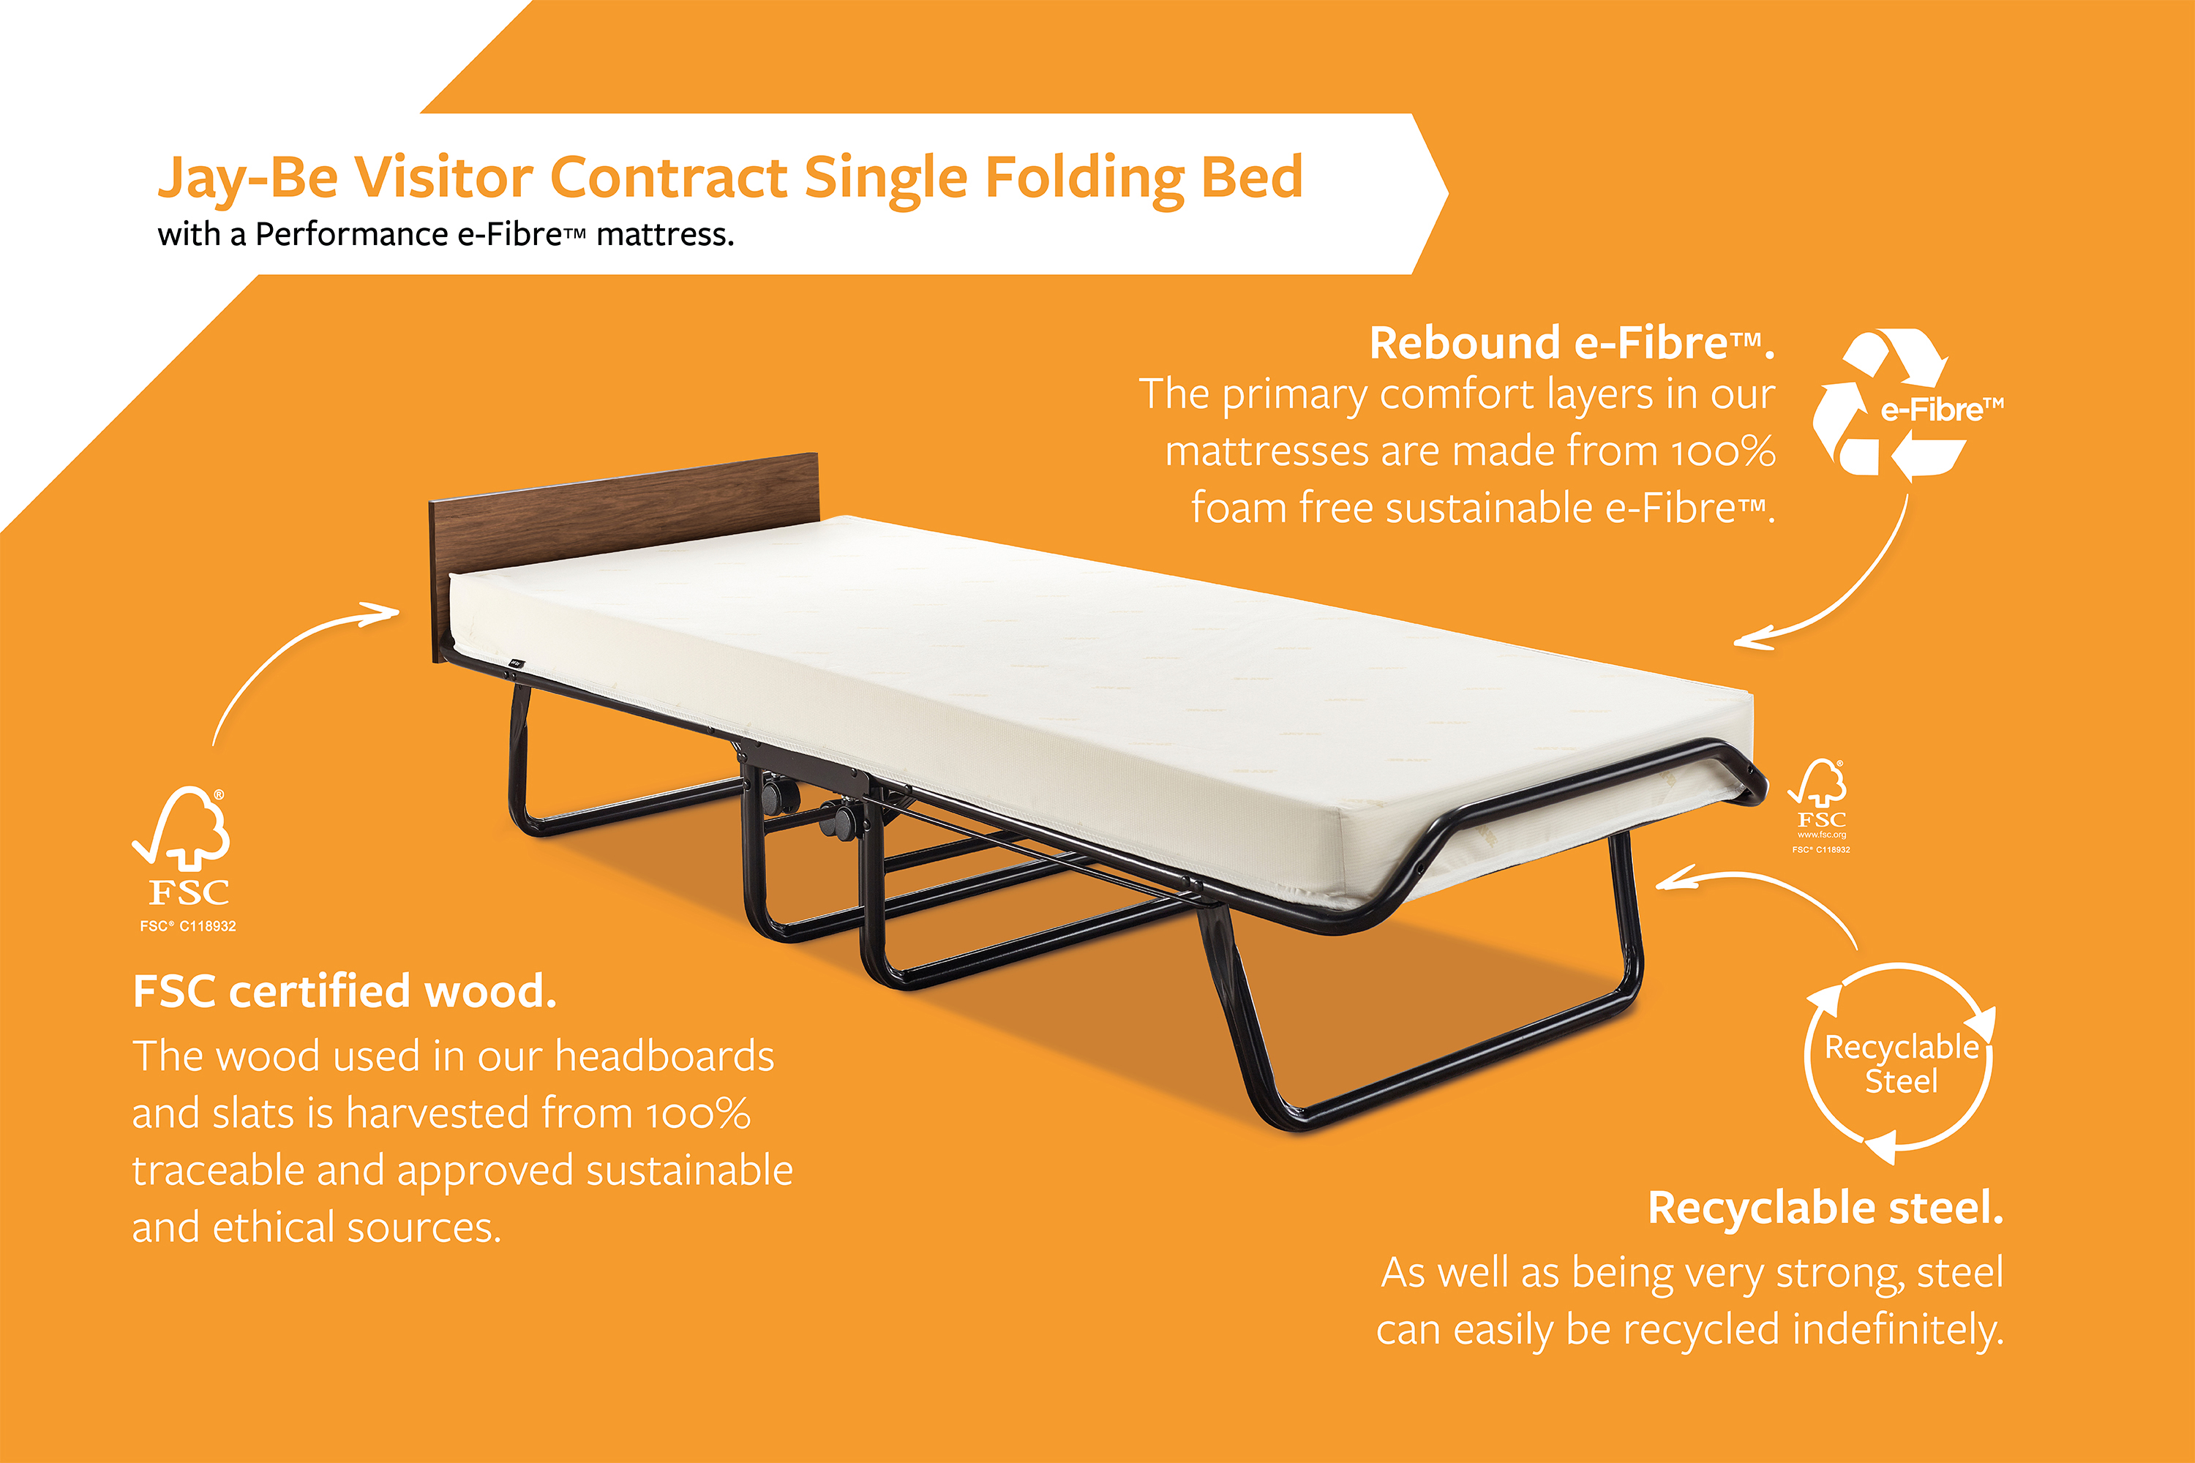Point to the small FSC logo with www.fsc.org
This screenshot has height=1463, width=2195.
click(x=1819, y=806)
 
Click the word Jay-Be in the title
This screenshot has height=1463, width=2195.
click(x=247, y=177)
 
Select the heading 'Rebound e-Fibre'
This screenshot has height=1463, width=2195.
click(x=1572, y=342)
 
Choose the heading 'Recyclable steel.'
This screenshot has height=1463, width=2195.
click(x=1826, y=1208)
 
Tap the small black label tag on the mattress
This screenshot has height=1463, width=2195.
click(x=515, y=664)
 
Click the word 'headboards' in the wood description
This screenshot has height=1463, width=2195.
click(x=664, y=1056)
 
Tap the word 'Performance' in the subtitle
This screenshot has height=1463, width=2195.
click(x=352, y=234)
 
